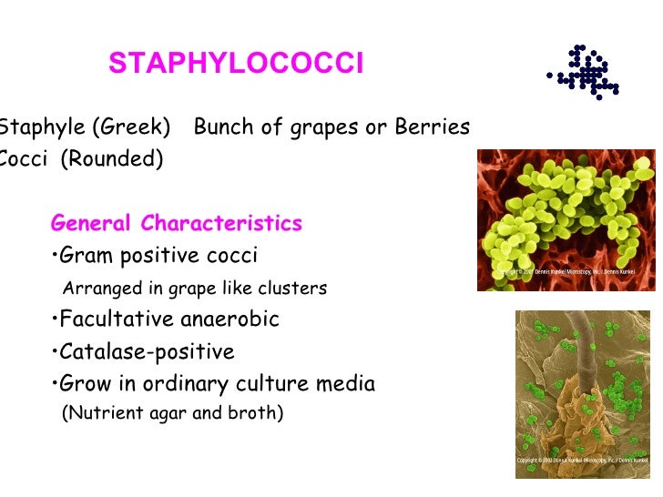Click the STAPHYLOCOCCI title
pos(236,64)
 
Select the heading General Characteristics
pos(177,223)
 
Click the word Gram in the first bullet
pos(87,256)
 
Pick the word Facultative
pos(115,320)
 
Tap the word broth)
pos(257,413)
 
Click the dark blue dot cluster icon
pos(586,71)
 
